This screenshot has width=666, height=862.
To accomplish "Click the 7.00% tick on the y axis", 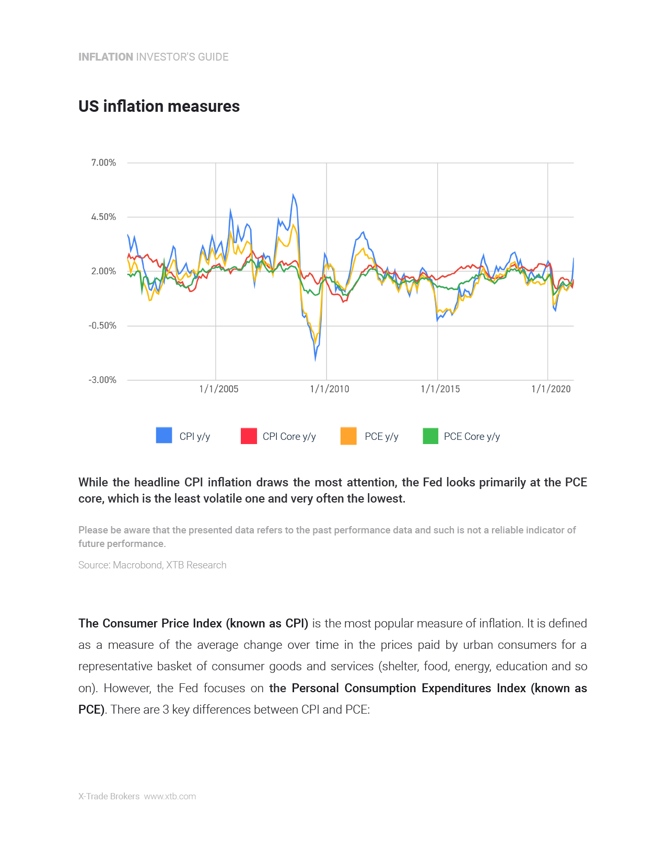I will (x=103, y=163).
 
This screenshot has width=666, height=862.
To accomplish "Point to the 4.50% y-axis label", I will (x=103, y=217).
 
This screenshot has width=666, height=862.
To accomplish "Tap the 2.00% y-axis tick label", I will (x=103, y=272).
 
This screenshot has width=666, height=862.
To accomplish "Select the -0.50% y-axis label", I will (x=102, y=326).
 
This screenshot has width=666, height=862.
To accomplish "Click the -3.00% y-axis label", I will (x=102, y=380).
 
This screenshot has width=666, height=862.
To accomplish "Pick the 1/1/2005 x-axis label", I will (x=219, y=389).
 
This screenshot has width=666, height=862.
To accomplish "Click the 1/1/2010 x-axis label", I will (x=330, y=389).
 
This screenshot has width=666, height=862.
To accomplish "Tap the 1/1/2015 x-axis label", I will (x=440, y=389).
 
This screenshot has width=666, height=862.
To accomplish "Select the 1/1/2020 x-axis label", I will (x=551, y=389).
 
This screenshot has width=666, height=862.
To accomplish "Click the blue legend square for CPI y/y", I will (x=164, y=436).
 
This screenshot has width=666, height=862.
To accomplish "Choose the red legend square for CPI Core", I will (x=249, y=436).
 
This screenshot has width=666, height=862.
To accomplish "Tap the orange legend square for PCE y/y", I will (x=348, y=436).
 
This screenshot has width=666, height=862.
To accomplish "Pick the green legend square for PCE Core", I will (x=430, y=436).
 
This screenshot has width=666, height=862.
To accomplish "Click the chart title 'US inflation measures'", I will (x=159, y=107).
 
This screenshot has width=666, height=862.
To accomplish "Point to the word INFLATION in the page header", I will (x=106, y=57).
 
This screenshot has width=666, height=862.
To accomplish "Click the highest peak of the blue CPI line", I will (x=293, y=195).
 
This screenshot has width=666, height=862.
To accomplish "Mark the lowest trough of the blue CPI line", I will (x=316, y=359).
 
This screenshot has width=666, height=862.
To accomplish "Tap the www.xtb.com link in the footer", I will (x=170, y=797).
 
